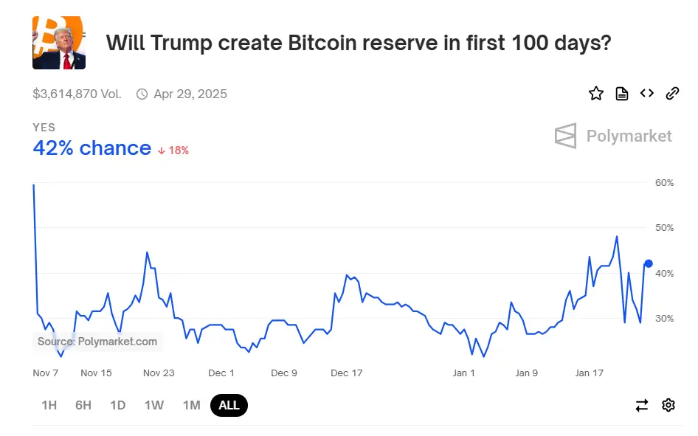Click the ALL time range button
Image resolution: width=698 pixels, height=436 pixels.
coord(229,405)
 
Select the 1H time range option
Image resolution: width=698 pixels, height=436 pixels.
coord(49,405)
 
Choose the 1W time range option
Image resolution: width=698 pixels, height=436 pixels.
coord(154,405)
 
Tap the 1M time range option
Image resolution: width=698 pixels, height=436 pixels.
coord(191,405)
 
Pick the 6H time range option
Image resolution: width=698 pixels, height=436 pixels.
coord(83,405)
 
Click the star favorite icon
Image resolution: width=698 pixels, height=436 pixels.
coord(596,94)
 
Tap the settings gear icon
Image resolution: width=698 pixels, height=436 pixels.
coord(668,405)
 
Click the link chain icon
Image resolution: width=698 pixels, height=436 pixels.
coord(672,94)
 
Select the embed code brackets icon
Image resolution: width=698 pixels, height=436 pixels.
coord(647,94)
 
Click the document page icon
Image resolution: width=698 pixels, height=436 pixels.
coord(622,94)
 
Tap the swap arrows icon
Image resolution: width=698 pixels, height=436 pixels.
coord(642,405)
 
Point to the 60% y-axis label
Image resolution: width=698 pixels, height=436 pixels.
coord(664,182)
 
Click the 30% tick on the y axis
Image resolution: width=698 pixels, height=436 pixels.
coord(664,319)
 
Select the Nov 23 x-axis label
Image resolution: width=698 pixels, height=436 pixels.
coord(159,373)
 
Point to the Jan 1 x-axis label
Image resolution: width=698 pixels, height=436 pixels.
coord(464,373)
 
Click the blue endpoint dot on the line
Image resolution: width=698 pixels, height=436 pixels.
coord(649,263)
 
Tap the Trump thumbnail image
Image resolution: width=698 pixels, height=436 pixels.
coord(59,43)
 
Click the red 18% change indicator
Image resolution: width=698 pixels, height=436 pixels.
coord(174,150)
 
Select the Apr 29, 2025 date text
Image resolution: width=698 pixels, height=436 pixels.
coord(190,94)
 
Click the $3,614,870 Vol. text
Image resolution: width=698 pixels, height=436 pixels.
coord(77,94)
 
